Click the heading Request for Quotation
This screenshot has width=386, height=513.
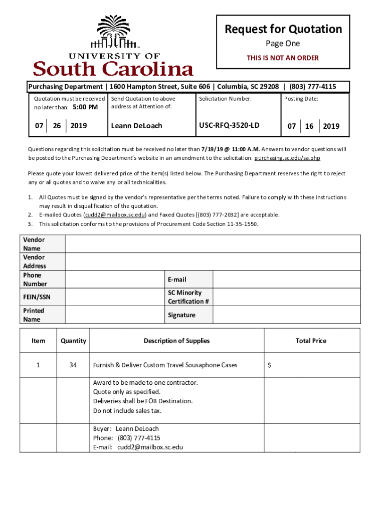click(283, 29)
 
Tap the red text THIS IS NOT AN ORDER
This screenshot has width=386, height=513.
click(283, 58)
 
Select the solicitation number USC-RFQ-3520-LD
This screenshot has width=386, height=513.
click(229, 125)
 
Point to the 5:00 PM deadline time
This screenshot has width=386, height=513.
click(85, 107)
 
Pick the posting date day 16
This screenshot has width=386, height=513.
click(309, 126)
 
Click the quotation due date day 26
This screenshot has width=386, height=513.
click(57, 125)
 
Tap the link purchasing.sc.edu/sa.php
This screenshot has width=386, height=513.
click(287, 158)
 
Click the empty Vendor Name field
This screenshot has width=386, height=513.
click(213, 244)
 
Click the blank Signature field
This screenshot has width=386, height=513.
click(286, 315)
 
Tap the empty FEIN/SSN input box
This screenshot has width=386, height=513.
click(115, 297)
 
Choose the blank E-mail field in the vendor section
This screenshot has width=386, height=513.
click(286, 279)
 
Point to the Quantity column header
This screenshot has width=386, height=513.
click(73, 341)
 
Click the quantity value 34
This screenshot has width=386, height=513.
click(73, 365)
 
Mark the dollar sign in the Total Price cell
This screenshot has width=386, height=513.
click(270, 365)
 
